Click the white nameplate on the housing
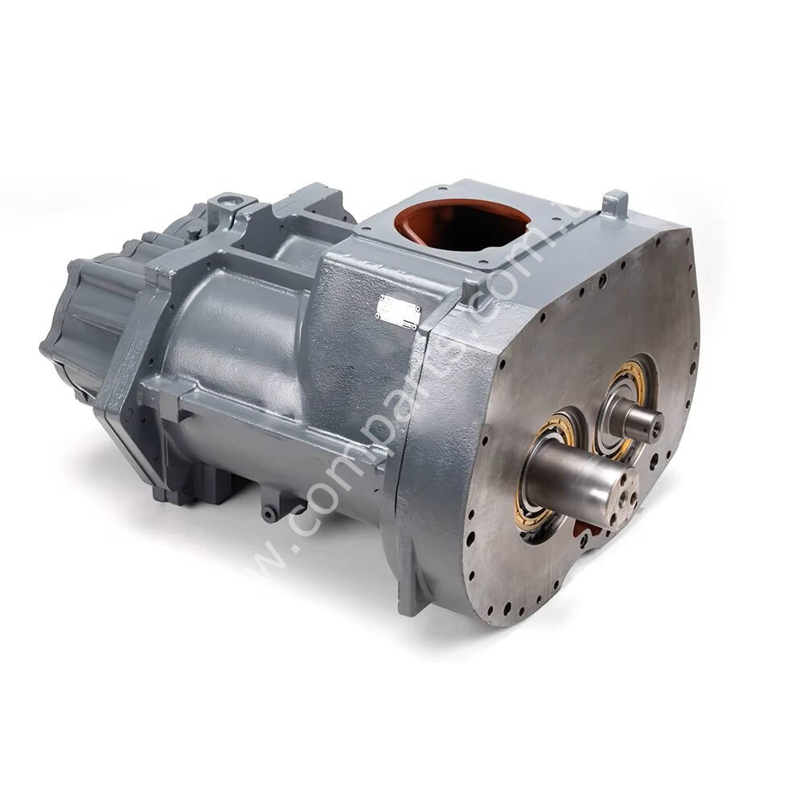(x=399, y=311)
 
